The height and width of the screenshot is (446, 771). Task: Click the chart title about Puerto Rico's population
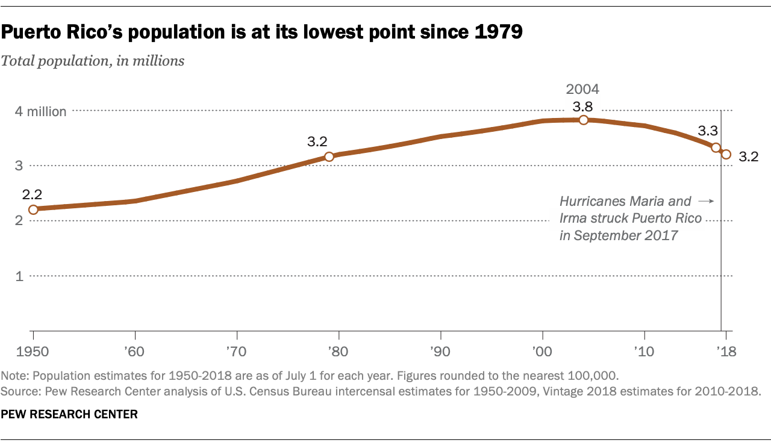pyautogui.click(x=261, y=33)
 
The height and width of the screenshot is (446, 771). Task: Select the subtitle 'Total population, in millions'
pyautogui.click(x=93, y=61)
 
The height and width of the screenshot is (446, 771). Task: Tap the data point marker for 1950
pyautogui.click(x=33, y=209)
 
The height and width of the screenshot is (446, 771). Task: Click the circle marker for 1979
pyautogui.click(x=329, y=156)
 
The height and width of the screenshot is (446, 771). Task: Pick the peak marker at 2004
pyautogui.click(x=583, y=120)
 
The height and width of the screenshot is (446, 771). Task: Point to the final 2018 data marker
pyautogui.click(x=726, y=155)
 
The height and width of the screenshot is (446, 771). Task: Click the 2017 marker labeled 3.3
pyautogui.click(x=716, y=147)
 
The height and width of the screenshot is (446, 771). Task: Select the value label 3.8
pyautogui.click(x=582, y=106)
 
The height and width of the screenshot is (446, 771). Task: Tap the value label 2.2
pyautogui.click(x=31, y=194)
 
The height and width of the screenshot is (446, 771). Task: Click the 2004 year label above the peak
pyautogui.click(x=582, y=90)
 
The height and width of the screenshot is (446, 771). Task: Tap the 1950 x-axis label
pyautogui.click(x=33, y=350)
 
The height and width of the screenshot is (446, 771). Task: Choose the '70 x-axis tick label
pyautogui.click(x=237, y=350)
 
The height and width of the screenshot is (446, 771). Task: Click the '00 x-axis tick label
pyautogui.click(x=543, y=350)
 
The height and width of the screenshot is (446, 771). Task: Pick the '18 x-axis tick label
pyautogui.click(x=725, y=350)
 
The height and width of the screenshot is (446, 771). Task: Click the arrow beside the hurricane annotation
pyautogui.click(x=706, y=201)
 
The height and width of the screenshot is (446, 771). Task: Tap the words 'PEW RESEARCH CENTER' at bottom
pyautogui.click(x=69, y=415)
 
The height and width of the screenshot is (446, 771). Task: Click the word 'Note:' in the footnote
pyautogui.click(x=16, y=376)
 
